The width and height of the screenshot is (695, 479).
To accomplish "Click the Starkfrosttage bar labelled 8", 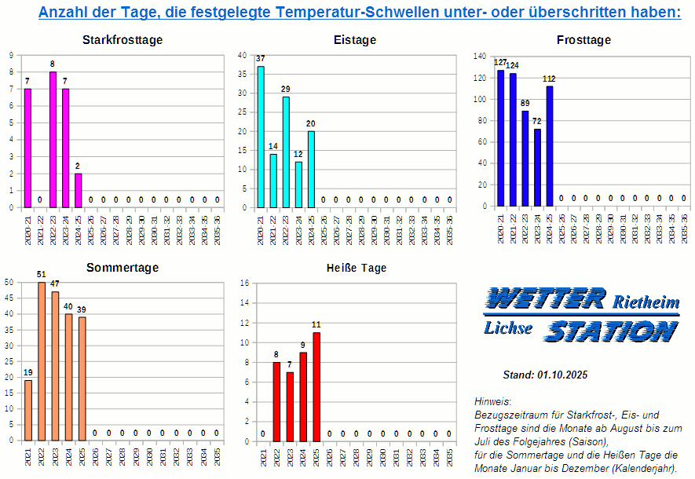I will [53, 140].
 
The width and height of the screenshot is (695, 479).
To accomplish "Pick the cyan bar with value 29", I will [286, 152].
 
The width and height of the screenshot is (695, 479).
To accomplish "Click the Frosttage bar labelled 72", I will [537, 167].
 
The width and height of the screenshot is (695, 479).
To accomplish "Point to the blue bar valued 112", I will [550, 146].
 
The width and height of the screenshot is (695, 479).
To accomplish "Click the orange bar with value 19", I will [28, 410].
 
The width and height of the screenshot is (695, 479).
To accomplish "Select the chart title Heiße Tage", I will [357, 268].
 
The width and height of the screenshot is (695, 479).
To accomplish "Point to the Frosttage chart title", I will [583, 40].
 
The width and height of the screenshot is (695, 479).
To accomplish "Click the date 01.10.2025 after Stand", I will [563, 375].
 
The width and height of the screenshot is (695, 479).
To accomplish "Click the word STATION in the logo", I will [610, 331].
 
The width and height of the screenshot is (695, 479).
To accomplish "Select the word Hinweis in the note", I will [492, 401].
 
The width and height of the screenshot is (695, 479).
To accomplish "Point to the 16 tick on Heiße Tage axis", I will [244, 283].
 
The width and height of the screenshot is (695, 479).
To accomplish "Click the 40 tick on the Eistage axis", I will [242, 55].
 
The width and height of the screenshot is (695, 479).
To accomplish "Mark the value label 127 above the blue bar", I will [500, 63].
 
